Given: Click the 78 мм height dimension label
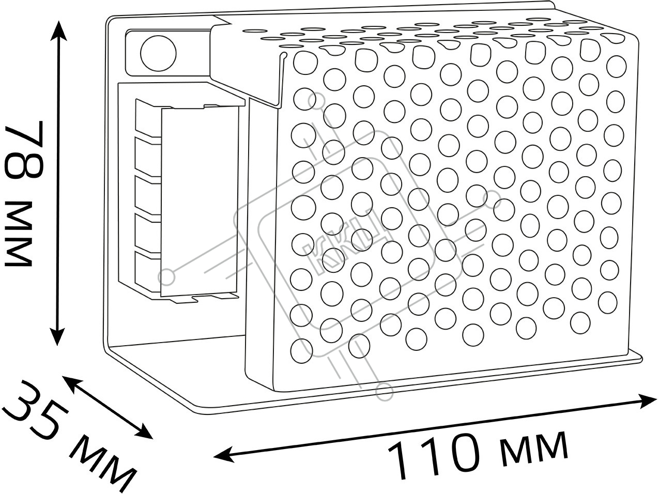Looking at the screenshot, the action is tap(23, 194).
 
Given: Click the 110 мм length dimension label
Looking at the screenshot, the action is tap(478, 454).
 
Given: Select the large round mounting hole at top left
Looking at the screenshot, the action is tap(158, 53).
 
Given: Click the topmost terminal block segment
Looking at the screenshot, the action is tap(148, 118).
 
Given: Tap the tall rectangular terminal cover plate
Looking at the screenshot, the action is tap(200, 202).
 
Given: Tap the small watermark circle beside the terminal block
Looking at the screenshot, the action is tap(167, 276).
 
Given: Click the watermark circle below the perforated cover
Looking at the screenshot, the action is tap(385, 392).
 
